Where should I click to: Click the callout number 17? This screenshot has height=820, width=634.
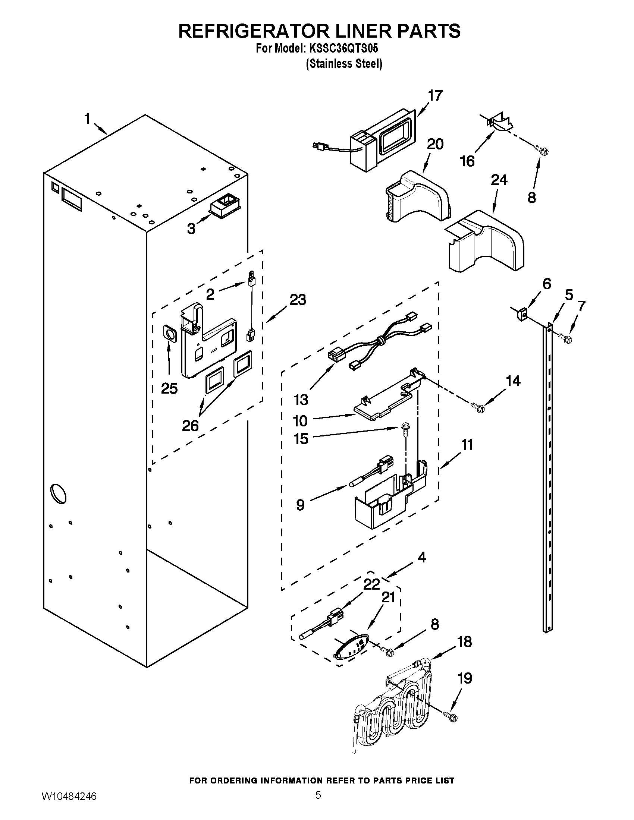click(435, 95)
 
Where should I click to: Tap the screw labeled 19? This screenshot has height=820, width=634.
click(451, 716)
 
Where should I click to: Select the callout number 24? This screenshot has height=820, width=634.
click(499, 180)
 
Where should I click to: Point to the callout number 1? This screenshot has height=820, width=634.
click(87, 119)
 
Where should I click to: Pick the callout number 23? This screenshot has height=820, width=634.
click(298, 300)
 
